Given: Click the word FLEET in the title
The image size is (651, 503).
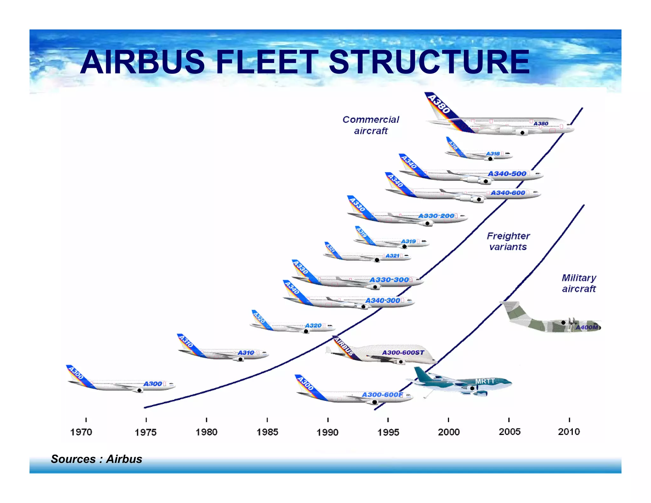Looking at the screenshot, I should pyautogui.click(x=266, y=62).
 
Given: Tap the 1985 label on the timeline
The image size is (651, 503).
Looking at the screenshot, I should pyautogui.click(x=267, y=432).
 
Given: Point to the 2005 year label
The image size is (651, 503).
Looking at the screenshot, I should pyautogui.click(x=510, y=432).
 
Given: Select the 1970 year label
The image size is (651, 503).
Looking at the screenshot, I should pyautogui.click(x=81, y=432).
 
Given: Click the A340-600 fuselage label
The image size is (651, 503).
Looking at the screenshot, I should pyautogui.click(x=508, y=193).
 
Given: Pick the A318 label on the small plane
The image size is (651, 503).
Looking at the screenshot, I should pyautogui.click(x=493, y=154).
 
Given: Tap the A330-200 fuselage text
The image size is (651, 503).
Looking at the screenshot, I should pyautogui.click(x=436, y=216).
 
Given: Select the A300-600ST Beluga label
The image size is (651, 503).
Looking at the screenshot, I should pyautogui.click(x=403, y=352).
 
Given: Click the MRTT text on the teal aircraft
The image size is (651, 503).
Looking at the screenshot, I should pyautogui.click(x=485, y=381).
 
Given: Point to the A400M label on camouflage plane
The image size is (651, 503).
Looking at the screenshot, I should pyautogui.click(x=587, y=327).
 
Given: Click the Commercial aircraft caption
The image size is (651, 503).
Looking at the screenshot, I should pyautogui.click(x=371, y=125).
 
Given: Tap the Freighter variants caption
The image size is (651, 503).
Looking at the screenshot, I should pyautogui.click(x=508, y=241).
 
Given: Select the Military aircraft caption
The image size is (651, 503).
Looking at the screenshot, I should pyautogui.click(x=579, y=283).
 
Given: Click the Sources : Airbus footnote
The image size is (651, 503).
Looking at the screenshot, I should pyautogui.click(x=96, y=459).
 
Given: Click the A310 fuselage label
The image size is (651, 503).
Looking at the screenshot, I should pyautogui.click(x=246, y=353).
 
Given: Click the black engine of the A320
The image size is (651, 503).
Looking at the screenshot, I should pyautogui.click(x=306, y=331).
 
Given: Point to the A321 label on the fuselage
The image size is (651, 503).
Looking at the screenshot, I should pyautogui.click(x=392, y=256).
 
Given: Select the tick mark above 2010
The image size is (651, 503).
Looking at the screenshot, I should pyautogui.click(x=569, y=420).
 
